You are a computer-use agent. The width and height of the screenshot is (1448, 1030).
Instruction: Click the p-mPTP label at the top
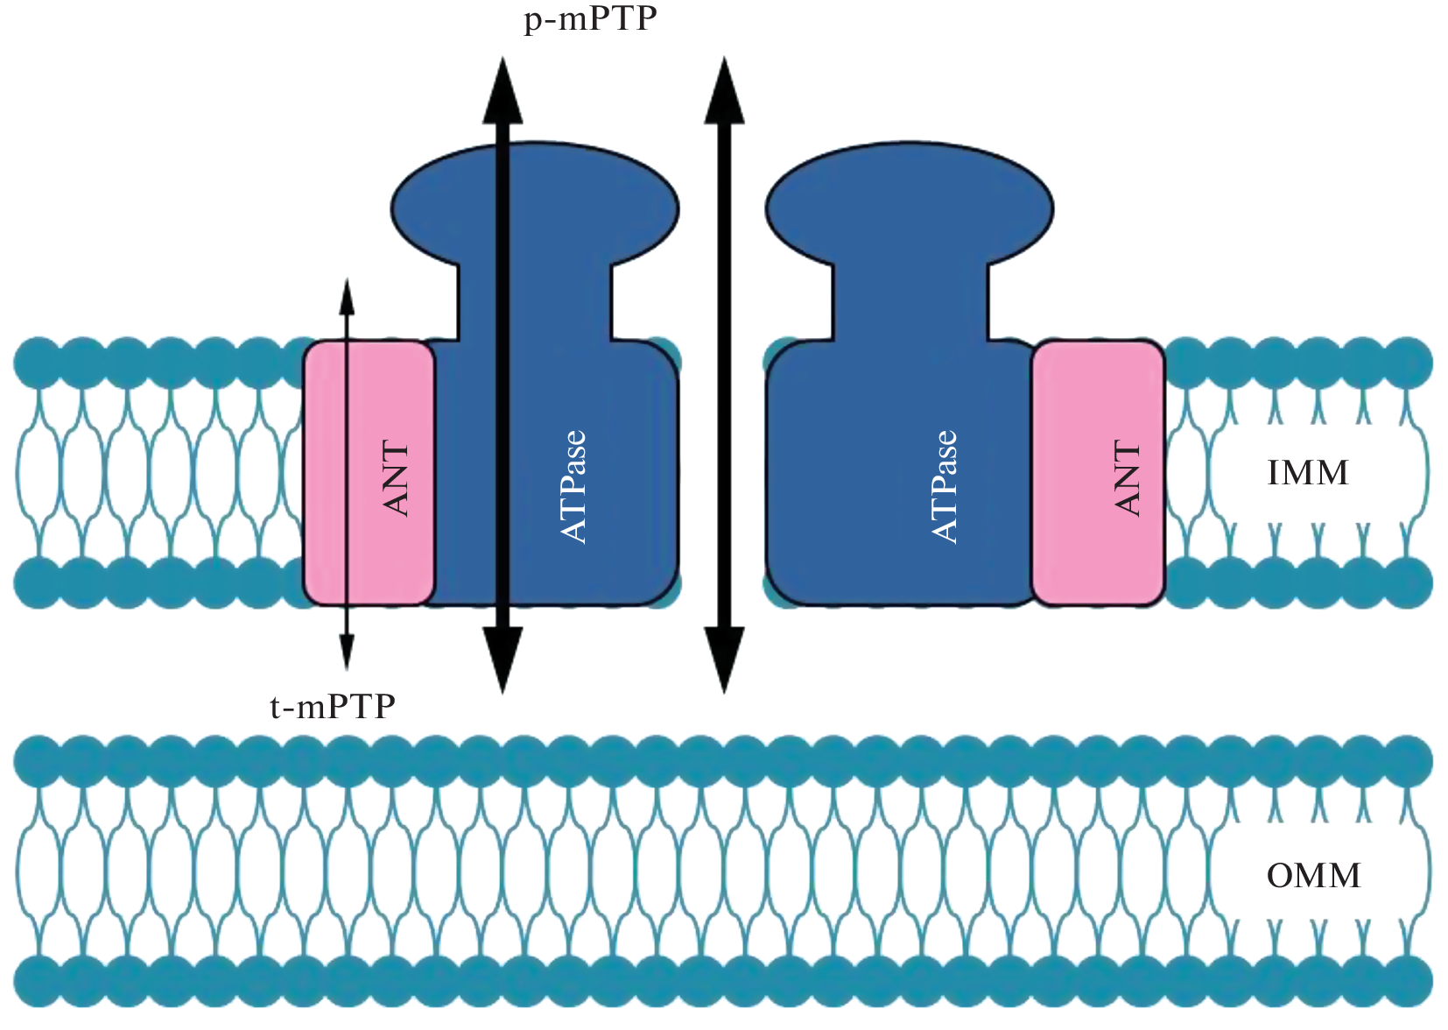[x=589, y=19]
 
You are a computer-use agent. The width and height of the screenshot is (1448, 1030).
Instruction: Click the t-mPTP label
[x=333, y=706]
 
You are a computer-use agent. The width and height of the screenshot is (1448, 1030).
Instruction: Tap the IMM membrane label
[x=1308, y=473]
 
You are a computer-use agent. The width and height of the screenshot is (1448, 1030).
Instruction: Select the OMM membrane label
[x=1313, y=876]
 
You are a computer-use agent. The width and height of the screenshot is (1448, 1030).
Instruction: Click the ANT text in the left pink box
[x=397, y=478]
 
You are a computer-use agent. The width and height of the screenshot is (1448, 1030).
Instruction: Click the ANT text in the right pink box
[x=1128, y=478]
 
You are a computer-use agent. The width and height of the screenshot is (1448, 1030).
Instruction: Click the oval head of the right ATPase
[x=909, y=206]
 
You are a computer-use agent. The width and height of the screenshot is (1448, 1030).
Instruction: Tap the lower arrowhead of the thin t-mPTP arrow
[x=347, y=653]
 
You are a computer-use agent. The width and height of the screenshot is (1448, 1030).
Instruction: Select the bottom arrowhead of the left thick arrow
[x=503, y=661]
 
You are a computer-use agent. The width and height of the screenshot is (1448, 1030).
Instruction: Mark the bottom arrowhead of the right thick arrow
[x=724, y=661]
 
